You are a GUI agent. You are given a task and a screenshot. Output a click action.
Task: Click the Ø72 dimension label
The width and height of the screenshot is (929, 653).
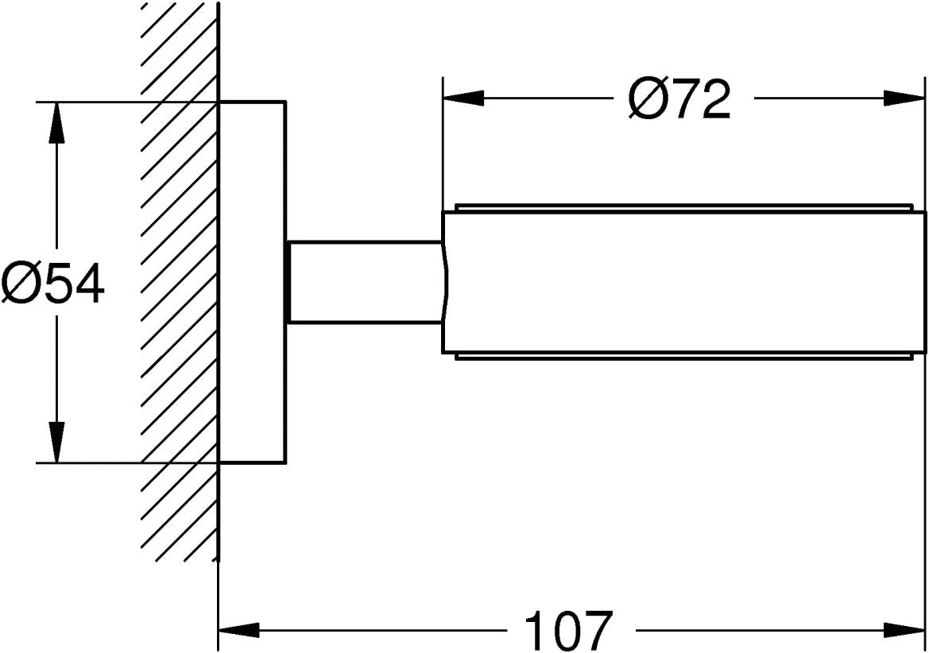coord(679,99)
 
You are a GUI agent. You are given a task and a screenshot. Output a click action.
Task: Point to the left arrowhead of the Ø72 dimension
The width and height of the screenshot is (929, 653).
coord(464,99)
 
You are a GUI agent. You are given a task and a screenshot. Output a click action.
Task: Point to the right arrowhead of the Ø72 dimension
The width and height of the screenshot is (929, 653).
coord(903,99)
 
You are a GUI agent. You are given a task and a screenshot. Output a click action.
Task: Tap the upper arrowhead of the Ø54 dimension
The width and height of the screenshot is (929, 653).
coord(56,122)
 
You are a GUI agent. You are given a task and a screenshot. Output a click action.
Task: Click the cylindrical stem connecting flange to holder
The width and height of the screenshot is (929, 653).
coord(365,282)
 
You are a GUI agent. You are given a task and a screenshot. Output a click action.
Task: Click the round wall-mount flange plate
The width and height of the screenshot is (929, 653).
coord(253,282)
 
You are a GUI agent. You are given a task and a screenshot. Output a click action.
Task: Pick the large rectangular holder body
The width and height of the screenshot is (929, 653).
coord(683,282)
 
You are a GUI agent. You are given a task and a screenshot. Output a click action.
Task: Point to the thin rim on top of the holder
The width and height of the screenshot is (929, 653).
coord(683,207)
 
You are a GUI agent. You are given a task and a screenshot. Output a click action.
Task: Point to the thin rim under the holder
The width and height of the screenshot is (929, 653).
coord(683,357)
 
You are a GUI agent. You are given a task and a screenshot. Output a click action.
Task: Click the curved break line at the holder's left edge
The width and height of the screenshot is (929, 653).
coord(444,282)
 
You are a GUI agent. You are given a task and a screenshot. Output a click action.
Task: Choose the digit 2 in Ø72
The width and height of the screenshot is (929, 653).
coord(716,99)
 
